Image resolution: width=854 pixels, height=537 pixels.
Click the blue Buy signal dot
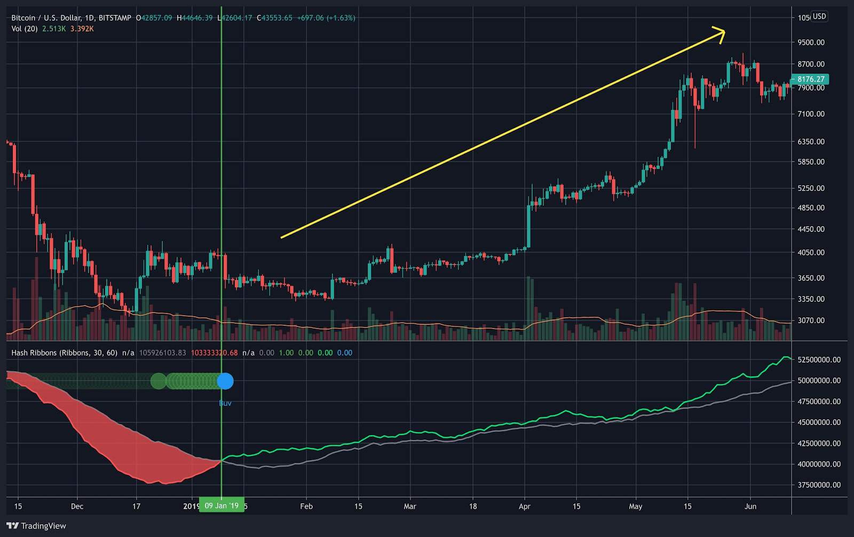225,381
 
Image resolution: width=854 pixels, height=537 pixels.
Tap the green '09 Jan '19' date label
222,506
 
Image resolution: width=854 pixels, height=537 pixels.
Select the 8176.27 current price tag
810,79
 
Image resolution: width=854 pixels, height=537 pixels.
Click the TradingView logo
36,526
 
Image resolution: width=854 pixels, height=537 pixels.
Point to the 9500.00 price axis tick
811,42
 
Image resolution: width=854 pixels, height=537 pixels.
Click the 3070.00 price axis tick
811,320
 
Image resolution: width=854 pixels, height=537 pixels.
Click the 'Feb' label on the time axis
306,506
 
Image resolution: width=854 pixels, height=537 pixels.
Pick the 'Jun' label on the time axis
750,506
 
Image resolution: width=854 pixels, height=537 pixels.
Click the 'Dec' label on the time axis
77,506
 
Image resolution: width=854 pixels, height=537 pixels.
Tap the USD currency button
819,17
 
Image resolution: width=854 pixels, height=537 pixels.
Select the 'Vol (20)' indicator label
25,29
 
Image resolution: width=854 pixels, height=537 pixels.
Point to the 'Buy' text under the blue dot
225,403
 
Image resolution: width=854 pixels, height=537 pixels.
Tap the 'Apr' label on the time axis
525,506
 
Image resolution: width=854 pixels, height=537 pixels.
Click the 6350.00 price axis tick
811,142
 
